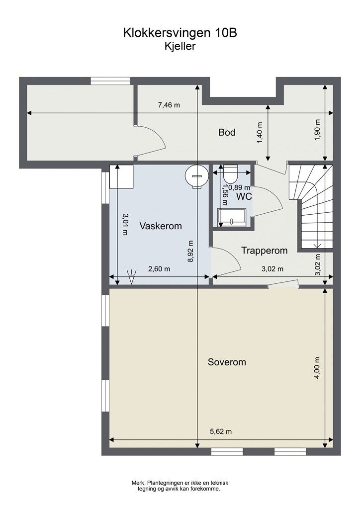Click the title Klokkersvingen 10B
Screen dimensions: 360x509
[x=180, y=33]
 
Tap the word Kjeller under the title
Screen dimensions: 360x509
[x=180, y=46]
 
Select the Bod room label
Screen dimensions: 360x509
[x=227, y=132]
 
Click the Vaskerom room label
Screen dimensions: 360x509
[x=161, y=226]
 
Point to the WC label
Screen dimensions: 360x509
[x=244, y=196]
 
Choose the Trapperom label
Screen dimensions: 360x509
[x=265, y=251]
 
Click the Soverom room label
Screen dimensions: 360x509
[x=227, y=362]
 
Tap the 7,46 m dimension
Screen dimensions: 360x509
[x=169, y=105]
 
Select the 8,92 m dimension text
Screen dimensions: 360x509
[x=190, y=251]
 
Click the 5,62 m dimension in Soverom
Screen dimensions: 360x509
[x=221, y=431]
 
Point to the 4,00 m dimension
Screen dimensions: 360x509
[x=317, y=368]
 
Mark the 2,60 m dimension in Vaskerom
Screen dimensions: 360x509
[x=159, y=269]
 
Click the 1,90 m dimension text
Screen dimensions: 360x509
[x=317, y=130]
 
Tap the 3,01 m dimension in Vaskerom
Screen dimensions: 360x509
[x=125, y=224]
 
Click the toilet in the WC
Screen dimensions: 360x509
[x=231, y=173]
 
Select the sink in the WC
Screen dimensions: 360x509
[x=232, y=217]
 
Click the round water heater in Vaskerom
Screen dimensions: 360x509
[x=196, y=176]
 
